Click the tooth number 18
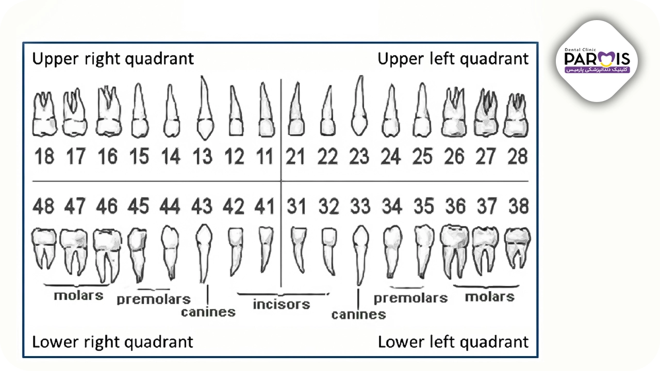[44, 156]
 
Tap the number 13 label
[203, 156]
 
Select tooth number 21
[295, 156]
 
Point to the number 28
[518, 156]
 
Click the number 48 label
[43, 206]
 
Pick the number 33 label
[360, 206]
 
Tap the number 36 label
[455, 206]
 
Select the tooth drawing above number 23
[359, 106]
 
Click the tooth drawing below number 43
[204, 253]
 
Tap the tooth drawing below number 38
[517, 248]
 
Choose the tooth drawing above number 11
[267, 110]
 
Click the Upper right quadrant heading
[113, 59]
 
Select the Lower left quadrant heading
[453, 342]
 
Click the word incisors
[282, 305]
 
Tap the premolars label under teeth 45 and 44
[154, 299]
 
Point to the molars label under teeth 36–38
[490, 297]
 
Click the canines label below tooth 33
[358, 314]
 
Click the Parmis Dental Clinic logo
[597, 61]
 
